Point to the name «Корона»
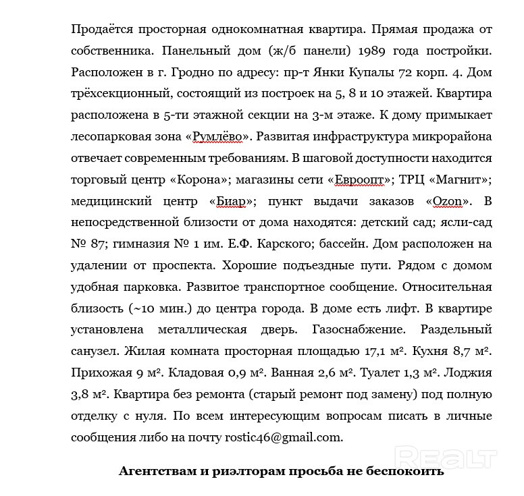click(x=204, y=180)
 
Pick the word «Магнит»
click(x=460, y=180)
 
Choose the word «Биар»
click(x=234, y=201)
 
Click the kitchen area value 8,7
click(x=467, y=352)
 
